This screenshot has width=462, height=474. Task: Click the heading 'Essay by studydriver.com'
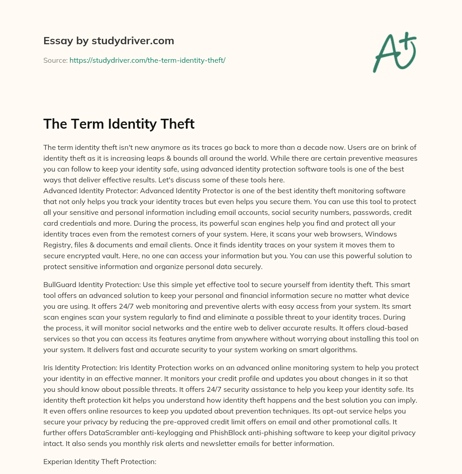tap(108, 41)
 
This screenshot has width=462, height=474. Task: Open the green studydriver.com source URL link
tap(147, 60)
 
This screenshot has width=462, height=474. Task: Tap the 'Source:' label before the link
tap(55, 60)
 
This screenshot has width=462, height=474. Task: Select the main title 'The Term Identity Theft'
tap(119, 124)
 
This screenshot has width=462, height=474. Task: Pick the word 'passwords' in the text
tap(357, 212)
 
